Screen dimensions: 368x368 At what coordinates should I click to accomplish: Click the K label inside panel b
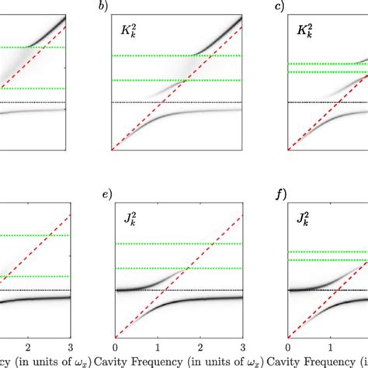click(x=129, y=33)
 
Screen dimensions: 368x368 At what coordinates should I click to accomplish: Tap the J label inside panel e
click(x=128, y=220)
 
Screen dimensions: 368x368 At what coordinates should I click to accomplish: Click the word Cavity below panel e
click(x=109, y=360)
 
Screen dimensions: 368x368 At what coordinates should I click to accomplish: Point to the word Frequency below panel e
click(x=155, y=360)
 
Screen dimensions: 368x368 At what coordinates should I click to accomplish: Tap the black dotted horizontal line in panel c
click(x=326, y=102)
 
